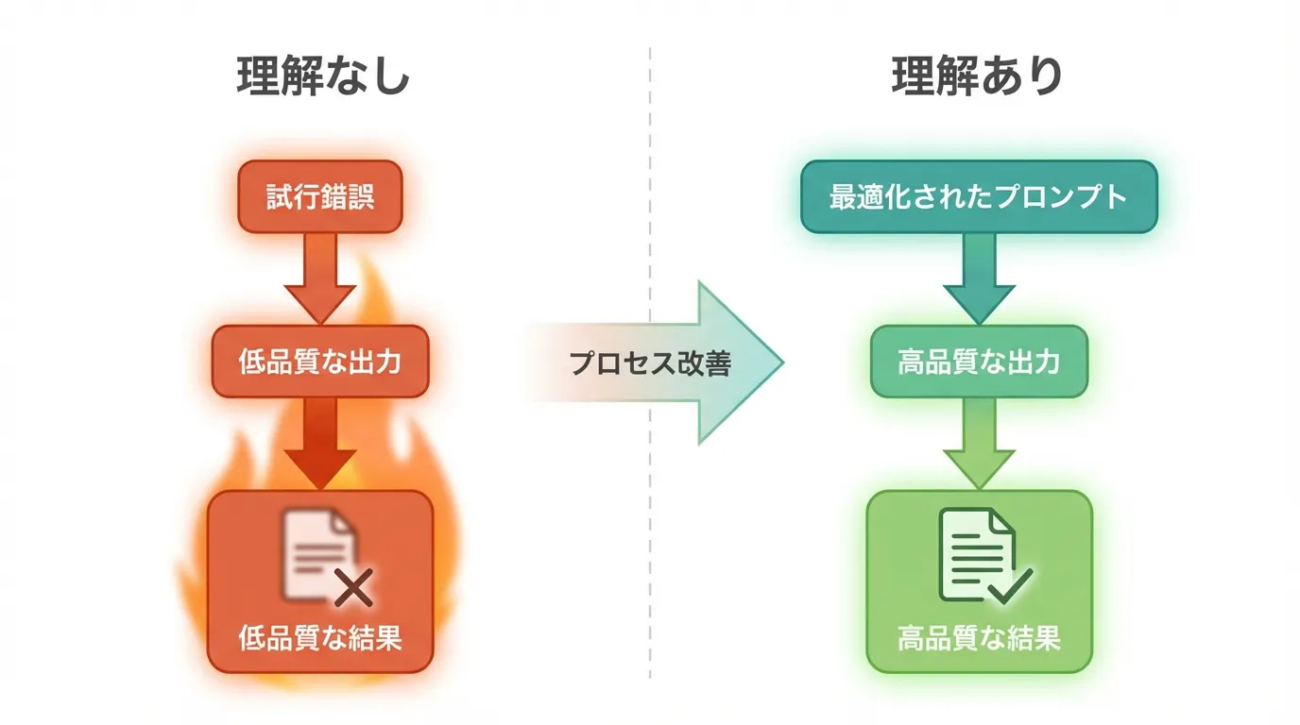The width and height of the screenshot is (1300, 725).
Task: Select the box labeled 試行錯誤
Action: click(320, 196)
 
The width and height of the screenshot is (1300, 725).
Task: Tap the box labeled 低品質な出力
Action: click(320, 362)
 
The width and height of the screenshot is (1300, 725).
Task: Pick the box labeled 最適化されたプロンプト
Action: click(978, 196)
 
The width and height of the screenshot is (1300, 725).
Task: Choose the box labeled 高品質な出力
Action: click(978, 362)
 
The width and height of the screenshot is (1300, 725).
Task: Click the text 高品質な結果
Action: click(978, 639)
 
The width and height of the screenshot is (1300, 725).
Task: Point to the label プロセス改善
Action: click(650, 363)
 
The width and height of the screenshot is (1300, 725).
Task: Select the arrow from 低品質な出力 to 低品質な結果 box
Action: click(320, 442)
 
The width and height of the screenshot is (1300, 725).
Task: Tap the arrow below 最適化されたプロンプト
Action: click(979, 277)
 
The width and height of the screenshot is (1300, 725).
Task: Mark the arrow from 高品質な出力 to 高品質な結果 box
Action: click(979, 442)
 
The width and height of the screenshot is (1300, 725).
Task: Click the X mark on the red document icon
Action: click(353, 590)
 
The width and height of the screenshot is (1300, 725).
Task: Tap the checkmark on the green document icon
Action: click(1010, 587)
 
